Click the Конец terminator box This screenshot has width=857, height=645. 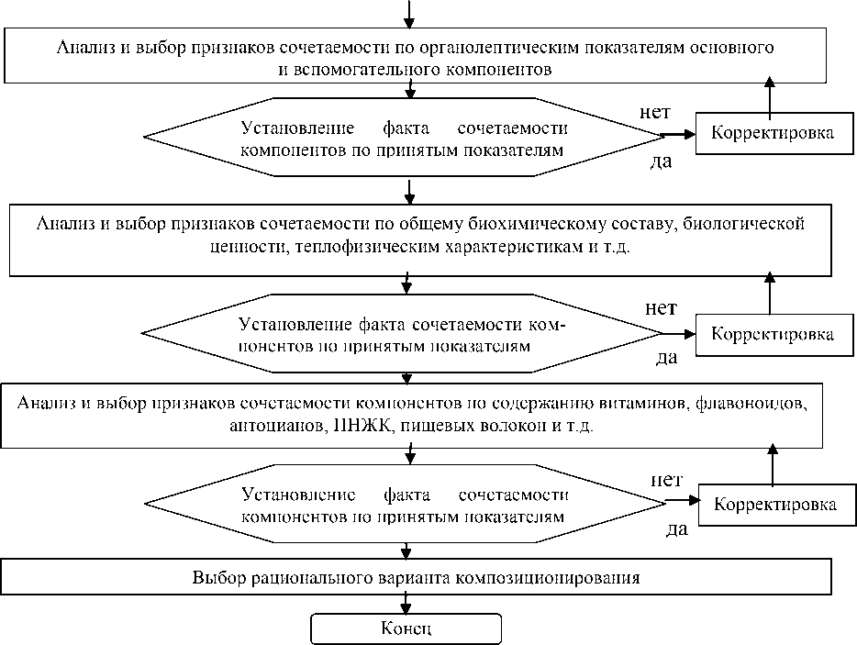(x=406, y=628)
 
